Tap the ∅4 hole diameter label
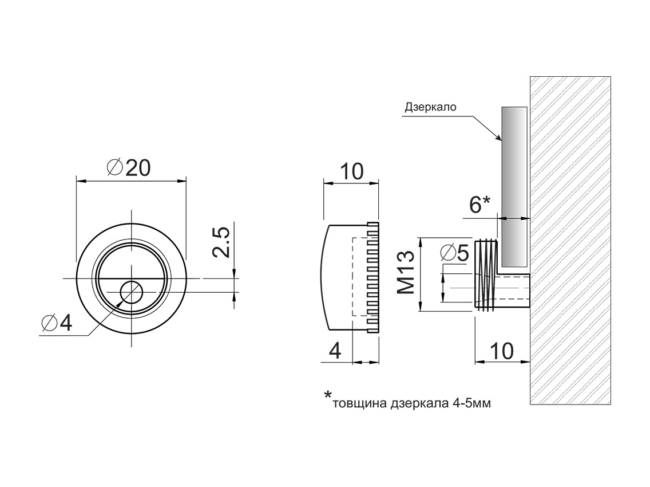pyautogui.click(x=57, y=324)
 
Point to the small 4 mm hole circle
pyautogui.click(x=131, y=293)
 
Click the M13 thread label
pyautogui.click(x=406, y=272)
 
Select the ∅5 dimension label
pyautogui.click(x=455, y=252)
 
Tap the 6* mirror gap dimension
pyautogui.click(x=479, y=205)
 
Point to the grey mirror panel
pyautogui.click(x=513, y=172)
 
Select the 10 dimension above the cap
pyautogui.click(x=352, y=171)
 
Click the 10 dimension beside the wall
pyautogui.click(x=502, y=351)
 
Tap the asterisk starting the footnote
pyautogui.click(x=328, y=395)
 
